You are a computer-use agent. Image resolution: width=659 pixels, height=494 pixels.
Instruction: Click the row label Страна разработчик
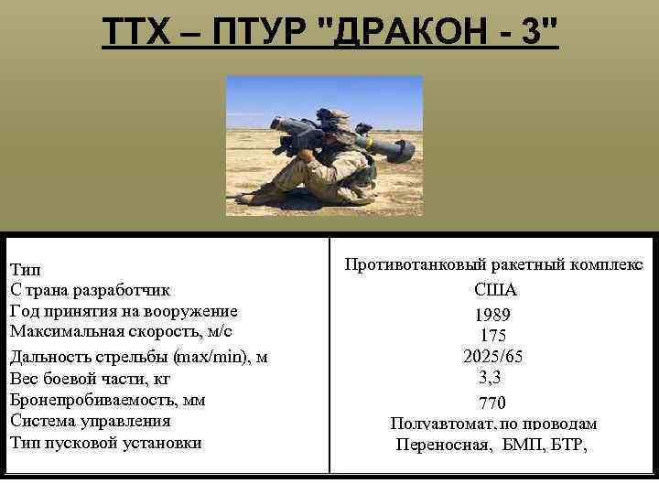(90, 291)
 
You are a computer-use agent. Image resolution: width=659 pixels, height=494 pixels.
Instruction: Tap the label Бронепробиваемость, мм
(107, 400)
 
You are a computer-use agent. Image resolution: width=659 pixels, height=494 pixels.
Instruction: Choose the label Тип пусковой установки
(105, 443)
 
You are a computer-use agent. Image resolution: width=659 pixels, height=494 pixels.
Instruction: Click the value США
(495, 290)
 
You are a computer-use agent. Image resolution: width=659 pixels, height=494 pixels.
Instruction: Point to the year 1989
(493, 315)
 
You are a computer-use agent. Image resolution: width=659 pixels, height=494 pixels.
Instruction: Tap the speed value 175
(493, 336)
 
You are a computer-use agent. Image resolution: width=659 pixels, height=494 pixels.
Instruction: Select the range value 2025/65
(493, 356)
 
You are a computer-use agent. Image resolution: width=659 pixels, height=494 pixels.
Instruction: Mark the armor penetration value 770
(492, 403)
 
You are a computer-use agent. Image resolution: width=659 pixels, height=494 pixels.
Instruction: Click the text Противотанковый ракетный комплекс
(493, 264)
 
